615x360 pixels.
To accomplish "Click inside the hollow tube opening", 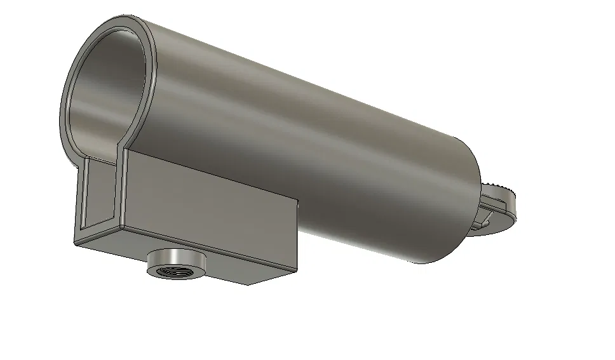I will (105, 95).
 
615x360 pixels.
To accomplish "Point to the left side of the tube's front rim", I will (65, 102).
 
